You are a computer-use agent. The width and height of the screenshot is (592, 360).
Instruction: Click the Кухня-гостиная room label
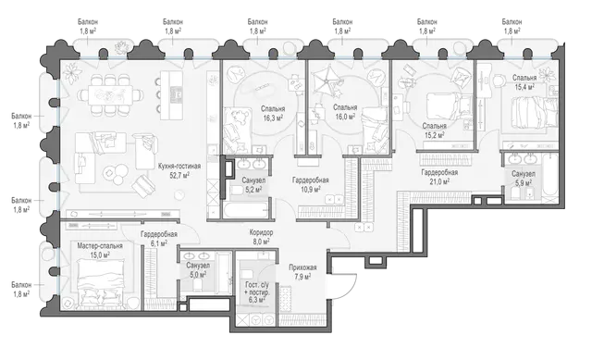click(179, 167)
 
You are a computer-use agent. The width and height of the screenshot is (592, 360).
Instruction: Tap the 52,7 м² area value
click(179, 175)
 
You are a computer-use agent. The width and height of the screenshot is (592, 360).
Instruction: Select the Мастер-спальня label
click(100, 246)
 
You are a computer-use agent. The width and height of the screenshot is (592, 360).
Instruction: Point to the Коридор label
click(261, 232)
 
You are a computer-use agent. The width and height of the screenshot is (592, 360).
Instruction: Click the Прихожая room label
click(302, 267)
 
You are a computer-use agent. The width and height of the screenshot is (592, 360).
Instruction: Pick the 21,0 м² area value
click(439, 181)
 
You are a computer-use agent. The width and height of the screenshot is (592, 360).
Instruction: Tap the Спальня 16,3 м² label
click(273, 113)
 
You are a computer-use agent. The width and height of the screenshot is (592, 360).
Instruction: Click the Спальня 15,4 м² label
click(524, 82)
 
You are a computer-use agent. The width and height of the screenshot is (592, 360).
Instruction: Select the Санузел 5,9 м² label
click(524, 178)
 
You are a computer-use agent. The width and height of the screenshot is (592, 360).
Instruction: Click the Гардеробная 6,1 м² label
click(159, 239)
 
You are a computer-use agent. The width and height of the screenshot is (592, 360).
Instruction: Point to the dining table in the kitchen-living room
click(111, 93)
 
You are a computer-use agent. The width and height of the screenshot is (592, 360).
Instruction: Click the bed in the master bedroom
click(102, 279)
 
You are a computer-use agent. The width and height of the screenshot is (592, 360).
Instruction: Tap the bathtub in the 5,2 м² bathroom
click(246, 210)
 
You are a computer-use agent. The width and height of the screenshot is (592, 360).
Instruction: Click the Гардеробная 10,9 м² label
click(311, 184)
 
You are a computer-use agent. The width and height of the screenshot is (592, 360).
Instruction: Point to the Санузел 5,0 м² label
click(198, 269)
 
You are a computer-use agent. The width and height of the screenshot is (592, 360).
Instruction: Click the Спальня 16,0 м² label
click(345, 112)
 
